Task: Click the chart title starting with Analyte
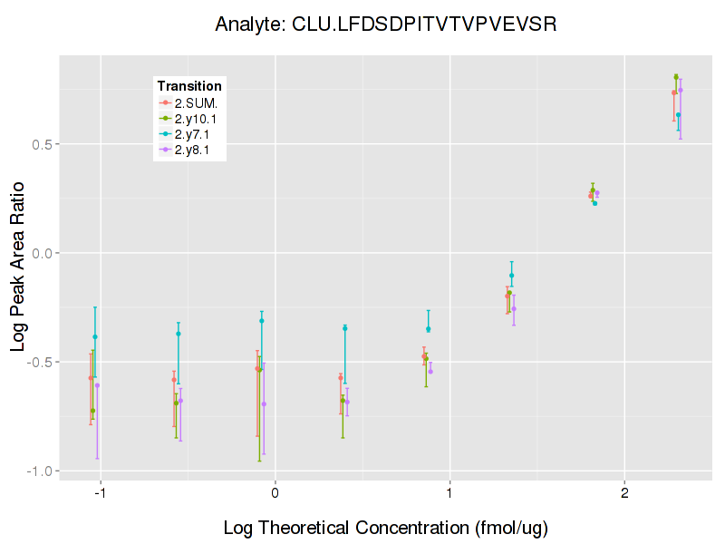(385, 24)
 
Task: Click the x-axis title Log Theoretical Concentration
(385, 527)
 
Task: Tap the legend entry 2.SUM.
(196, 103)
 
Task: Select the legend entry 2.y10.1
(196, 119)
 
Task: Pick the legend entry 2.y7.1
(192, 134)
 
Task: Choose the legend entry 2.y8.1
(192, 150)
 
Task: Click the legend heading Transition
(189, 86)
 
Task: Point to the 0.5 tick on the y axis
(40, 144)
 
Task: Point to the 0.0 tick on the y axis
(40, 253)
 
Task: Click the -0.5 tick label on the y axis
(38, 362)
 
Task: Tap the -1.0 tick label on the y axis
(38, 471)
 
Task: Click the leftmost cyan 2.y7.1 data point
(94, 337)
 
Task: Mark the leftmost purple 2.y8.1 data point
(97, 385)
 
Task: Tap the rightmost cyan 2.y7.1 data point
(678, 114)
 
